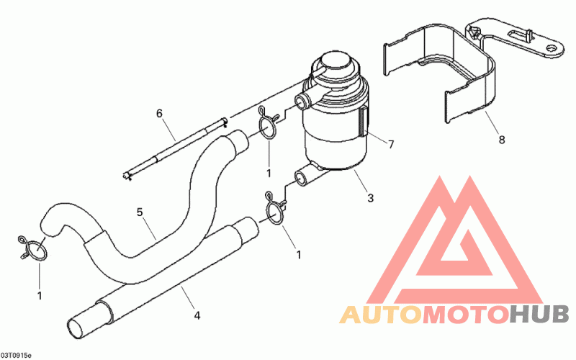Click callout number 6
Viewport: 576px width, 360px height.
(160, 113)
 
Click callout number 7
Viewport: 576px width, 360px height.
(391, 145)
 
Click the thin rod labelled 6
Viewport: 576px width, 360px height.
(176, 149)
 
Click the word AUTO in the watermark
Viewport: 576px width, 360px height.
(380, 315)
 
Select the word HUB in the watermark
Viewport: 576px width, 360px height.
(539, 315)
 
